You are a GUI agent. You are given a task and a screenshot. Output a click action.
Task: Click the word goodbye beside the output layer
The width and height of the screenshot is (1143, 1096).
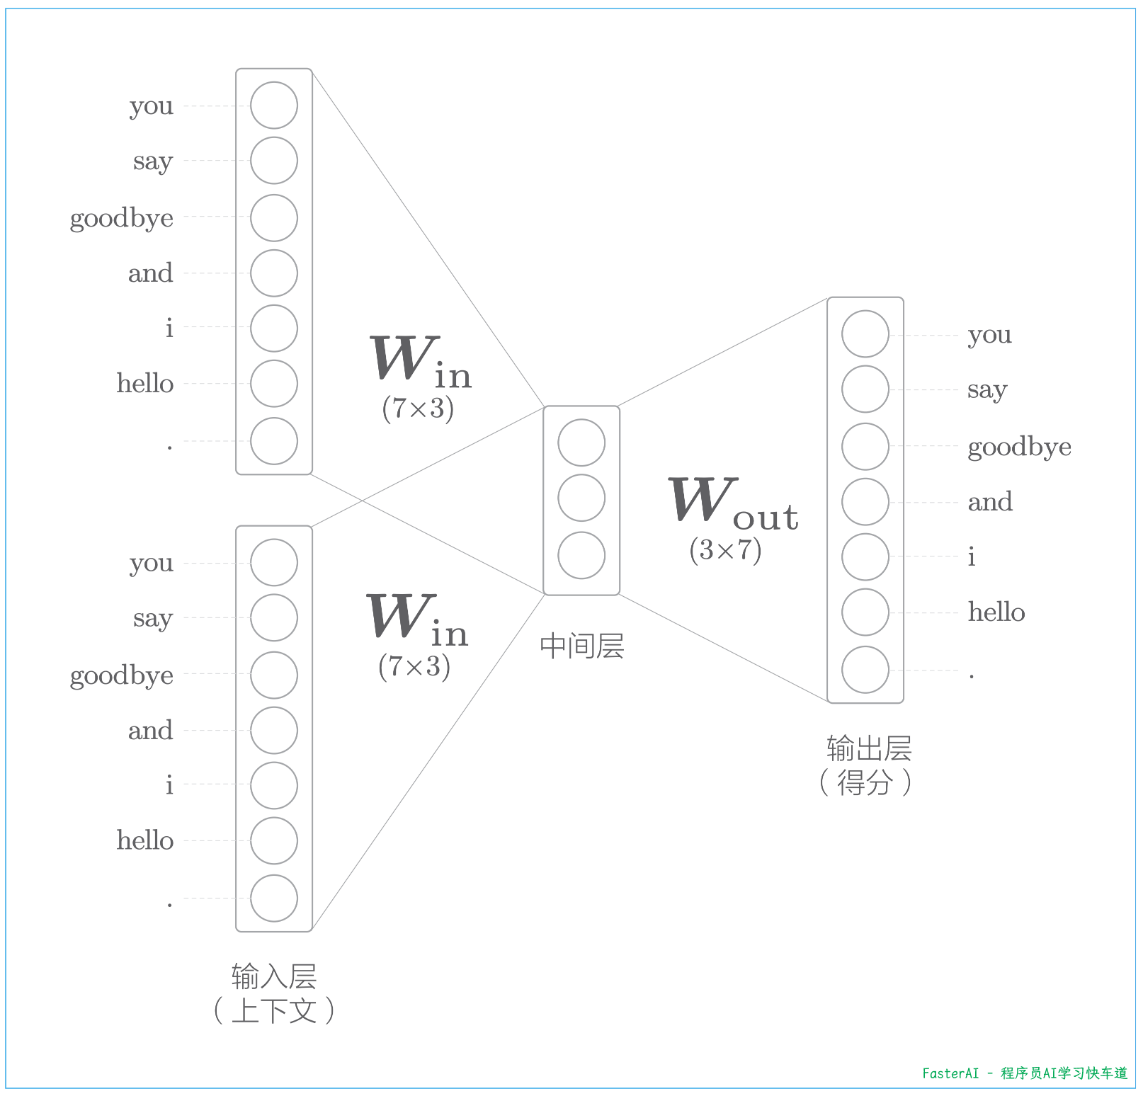[1018, 447]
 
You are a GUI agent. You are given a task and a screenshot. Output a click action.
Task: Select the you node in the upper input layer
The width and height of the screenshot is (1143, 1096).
[274, 105]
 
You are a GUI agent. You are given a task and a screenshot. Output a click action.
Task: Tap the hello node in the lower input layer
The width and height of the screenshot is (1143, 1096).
[274, 841]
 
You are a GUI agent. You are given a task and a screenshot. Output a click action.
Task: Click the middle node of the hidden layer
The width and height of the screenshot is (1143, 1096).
[581, 498]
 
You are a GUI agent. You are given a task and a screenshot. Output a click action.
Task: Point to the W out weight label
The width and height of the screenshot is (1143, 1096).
[733, 504]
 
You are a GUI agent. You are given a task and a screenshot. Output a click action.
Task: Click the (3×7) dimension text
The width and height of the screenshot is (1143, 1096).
[725, 550]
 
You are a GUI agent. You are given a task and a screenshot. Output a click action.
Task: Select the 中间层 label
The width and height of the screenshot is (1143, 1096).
[581, 646]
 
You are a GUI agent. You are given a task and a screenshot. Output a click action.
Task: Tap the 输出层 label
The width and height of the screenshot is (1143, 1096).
[869, 748]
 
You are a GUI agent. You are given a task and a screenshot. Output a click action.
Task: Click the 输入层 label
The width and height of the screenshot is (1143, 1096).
[274, 976]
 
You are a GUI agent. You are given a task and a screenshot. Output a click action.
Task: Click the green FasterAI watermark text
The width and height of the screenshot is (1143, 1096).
[1024, 1073]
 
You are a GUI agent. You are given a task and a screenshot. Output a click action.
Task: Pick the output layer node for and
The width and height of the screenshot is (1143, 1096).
[865, 502]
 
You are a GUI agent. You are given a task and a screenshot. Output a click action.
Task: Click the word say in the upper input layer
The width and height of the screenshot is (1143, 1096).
[153, 162]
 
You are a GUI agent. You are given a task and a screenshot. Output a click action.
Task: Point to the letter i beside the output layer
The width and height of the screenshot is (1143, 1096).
[972, 557]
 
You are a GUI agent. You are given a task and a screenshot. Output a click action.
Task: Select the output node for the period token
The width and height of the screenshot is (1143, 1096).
[865, 670]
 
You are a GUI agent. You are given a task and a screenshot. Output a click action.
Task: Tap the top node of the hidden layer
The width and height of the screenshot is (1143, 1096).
[581, 443]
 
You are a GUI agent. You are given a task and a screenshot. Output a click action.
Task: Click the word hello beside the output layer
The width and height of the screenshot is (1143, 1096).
[996, 612]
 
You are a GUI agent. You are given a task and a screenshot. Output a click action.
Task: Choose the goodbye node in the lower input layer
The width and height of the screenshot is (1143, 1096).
[274, 675]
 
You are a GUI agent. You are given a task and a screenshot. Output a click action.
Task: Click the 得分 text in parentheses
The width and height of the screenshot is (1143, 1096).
[865, 782]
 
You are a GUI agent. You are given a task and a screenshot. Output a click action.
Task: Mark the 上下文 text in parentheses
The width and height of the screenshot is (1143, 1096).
[274, 1010]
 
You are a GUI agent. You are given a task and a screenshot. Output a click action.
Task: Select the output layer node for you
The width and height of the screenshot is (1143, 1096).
[865, 333]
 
